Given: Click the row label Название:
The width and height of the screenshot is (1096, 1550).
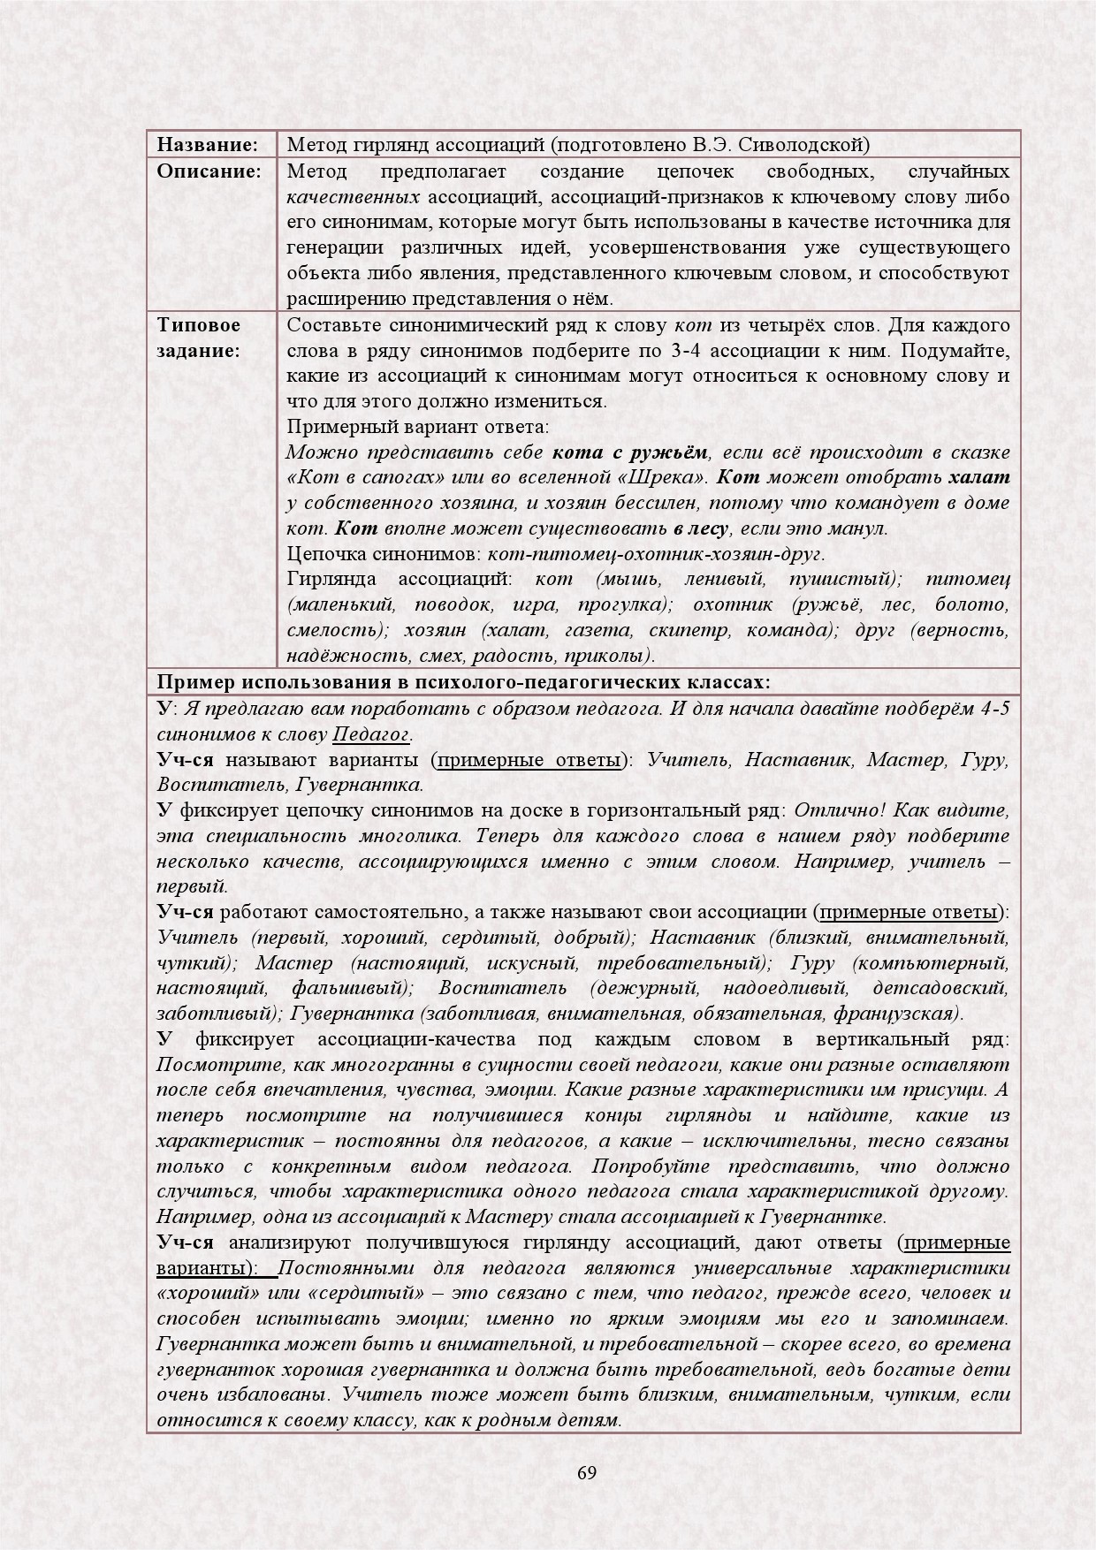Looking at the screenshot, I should (207, 144).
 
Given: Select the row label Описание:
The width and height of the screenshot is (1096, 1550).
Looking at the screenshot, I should (209, 171).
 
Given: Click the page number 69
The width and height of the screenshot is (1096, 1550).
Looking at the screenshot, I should (586, 1472).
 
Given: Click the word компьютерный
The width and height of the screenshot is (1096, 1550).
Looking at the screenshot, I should (946, 962).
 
